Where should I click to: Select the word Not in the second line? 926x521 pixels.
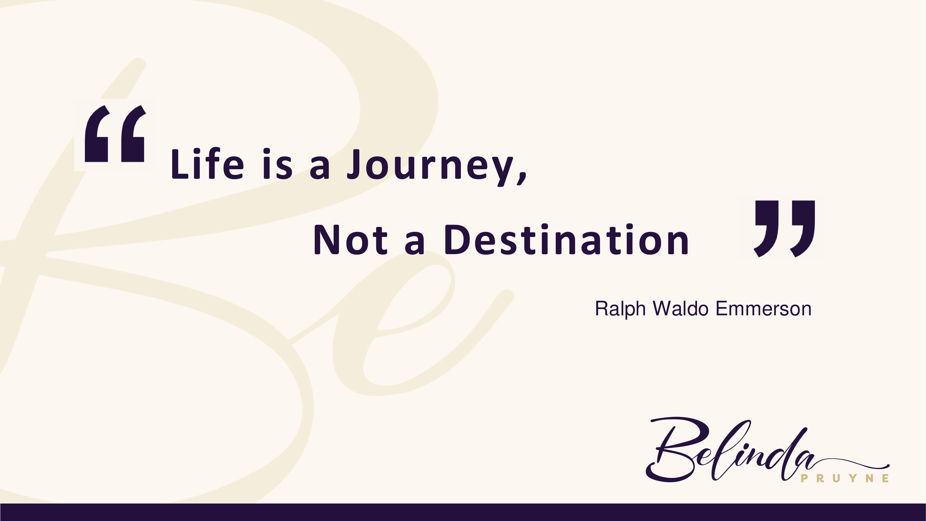351,239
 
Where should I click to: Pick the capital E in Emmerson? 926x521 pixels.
722,309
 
